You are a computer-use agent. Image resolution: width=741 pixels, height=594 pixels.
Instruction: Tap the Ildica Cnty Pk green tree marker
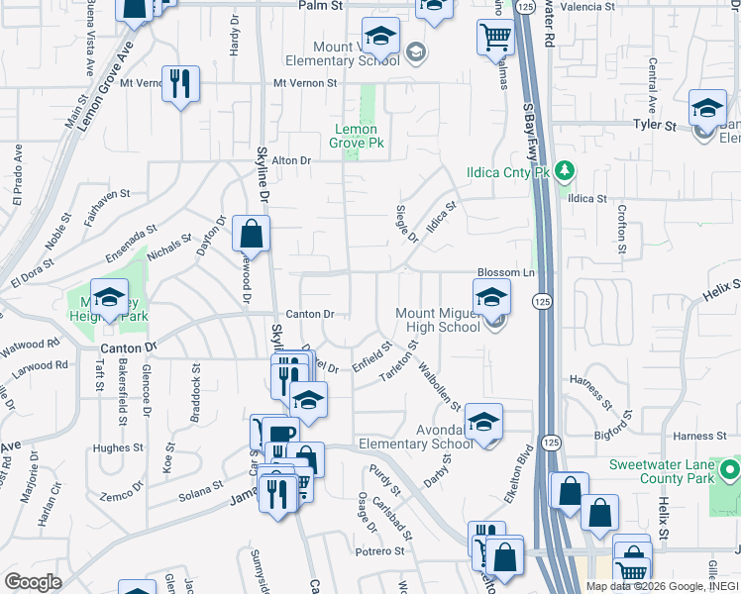point(565,171)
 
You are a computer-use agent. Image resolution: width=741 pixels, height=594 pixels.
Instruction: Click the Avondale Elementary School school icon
point(482,423)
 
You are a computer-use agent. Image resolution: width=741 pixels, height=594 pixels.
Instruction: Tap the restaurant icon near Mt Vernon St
point(179,83)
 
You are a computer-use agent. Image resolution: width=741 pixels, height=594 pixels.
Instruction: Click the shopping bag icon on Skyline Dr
point(252,235)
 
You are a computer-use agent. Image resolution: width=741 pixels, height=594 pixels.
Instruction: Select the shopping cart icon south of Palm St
point(495,39)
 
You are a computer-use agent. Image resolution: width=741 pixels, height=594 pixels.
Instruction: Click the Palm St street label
point(320,6)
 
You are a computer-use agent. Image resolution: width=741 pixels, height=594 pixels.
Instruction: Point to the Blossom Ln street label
point(505,272)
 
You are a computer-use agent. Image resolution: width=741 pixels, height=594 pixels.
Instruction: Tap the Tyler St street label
point(654,126)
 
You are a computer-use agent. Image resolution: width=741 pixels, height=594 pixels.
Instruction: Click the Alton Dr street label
point(291,160)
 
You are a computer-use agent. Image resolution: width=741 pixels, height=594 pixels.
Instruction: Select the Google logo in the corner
point(33,582)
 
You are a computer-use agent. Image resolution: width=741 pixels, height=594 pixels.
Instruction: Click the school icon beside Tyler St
point(707,109)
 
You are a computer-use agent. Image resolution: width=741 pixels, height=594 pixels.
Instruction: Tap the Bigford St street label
point(607,432)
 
